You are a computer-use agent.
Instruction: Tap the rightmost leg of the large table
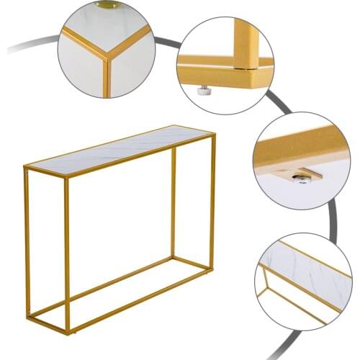pyautogui.click(x=212, y=202)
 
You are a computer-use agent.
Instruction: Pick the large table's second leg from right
pyautogui.click(x=174, y=202)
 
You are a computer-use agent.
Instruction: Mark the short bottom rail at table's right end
pyautogui.click(x=193, y=261)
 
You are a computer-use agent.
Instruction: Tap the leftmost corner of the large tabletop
pyautogui.click(x=25, y=167)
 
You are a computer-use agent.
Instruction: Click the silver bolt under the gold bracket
pyautogui.click(x=302, y=177)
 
